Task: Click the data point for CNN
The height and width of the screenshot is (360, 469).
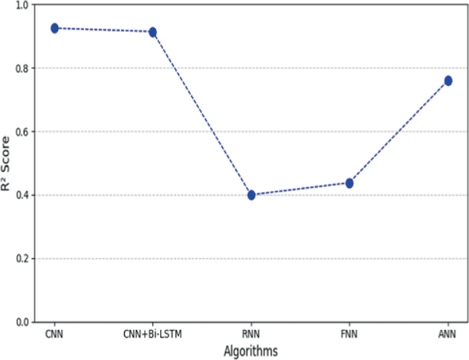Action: click(x=55, y=28)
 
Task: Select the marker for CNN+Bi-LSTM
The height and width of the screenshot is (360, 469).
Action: click(x=153, y=32)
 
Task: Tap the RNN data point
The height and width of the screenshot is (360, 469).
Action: click(x=251, y=195)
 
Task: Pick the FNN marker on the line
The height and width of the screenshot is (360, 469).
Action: click(x=349, y=183)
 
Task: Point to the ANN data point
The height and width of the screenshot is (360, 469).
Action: click(x=448, y=81)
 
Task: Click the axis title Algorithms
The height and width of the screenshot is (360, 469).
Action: click(x=251, y=350)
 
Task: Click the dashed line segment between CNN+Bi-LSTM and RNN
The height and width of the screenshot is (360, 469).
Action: click(x=202, y=114)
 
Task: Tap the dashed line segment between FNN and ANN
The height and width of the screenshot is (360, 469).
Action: click(x=398, y=132)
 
